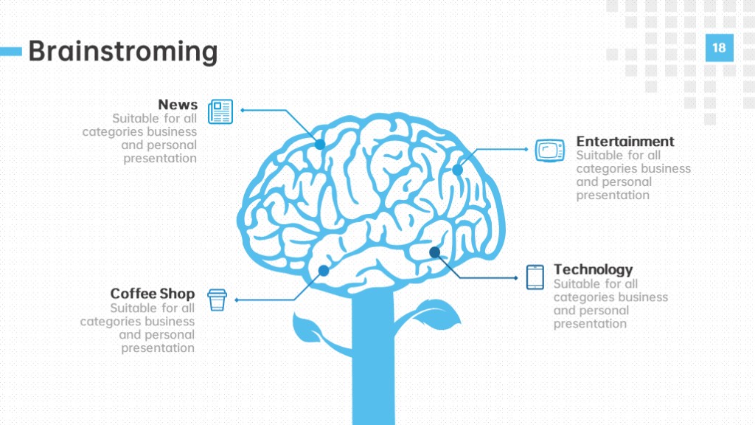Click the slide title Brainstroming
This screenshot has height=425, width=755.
tap(123, 51)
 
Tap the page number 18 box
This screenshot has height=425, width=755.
tap(720, 48)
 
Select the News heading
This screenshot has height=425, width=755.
tap(178, 105)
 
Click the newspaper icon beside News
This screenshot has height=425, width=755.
tap(220, 111)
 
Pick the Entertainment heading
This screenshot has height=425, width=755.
tap(625, 141)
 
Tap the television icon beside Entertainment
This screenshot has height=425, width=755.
tap(550, 151)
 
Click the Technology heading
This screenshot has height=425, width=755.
tap(593, 269)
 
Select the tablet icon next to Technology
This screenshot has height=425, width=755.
tap(535, 277)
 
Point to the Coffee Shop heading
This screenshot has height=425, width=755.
tap(152, 294)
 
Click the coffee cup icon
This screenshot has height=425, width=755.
tap(217, 300)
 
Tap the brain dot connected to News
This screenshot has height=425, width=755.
tap(320, 144)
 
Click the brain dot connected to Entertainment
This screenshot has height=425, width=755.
tap(457, 170)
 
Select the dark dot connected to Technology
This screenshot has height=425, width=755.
tap(434, 252)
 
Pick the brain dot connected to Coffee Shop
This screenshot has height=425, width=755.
tap(324, 271)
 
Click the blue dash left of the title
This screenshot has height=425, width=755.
tap(11, 51)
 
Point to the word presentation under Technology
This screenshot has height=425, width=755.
tap(590, 324)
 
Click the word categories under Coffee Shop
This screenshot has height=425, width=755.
tap(111, 322)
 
